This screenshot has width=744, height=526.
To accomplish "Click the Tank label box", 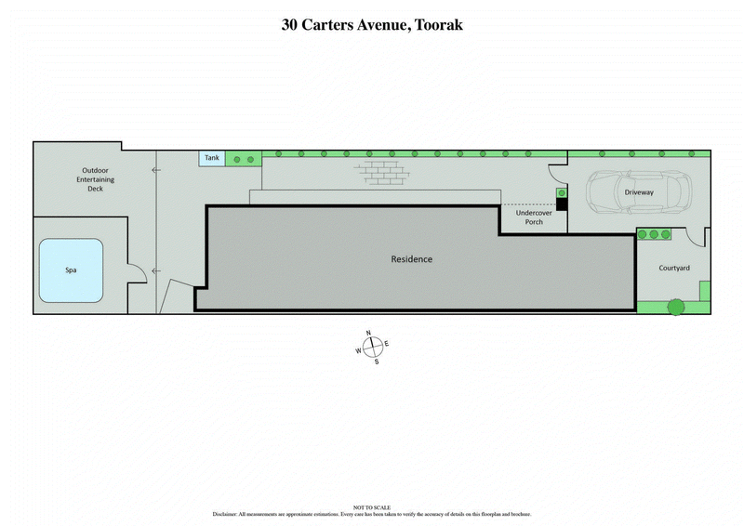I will coord(212,159).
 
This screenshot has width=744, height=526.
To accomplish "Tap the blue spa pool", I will coord(71,270).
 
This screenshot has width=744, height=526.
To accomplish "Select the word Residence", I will coord(411,259).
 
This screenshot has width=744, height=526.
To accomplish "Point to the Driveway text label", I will coord(639,192).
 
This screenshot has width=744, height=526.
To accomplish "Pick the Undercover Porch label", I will coord(534,217).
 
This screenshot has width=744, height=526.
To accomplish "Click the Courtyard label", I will coord(674,268).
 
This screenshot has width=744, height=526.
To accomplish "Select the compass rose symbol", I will coord(372,347).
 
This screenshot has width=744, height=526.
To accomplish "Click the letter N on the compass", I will coord(369,334).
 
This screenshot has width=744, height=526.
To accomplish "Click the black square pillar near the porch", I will coord(562,204).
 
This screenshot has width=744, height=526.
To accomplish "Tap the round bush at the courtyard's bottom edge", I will coord(674,306).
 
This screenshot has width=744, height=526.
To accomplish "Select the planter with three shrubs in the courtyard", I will coord(654,234).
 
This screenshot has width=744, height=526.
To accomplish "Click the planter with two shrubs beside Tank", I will coord(244,160).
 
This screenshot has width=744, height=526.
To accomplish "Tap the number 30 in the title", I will coord(291,25).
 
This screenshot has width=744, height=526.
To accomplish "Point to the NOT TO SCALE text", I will coord(372,506).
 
